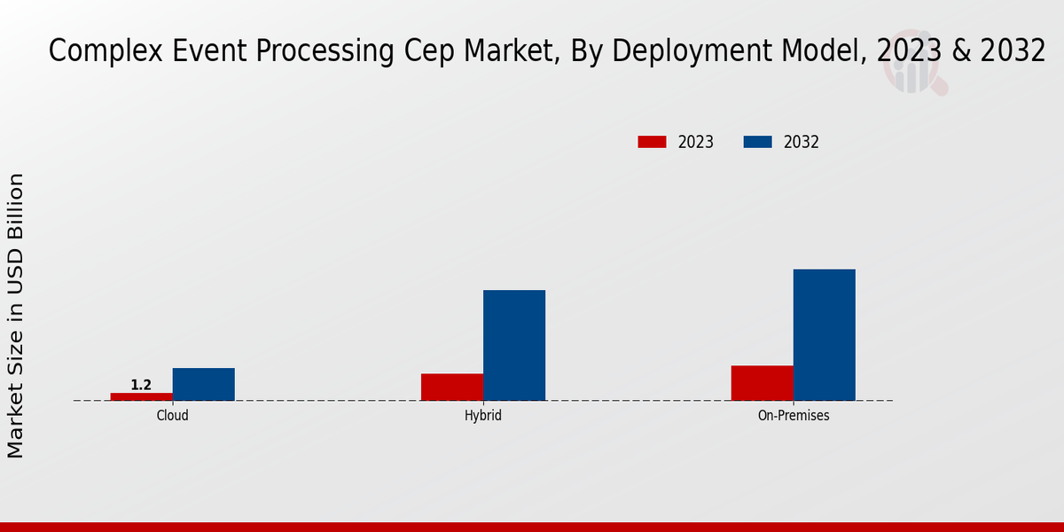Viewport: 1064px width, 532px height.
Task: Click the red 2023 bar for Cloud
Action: (141, 396)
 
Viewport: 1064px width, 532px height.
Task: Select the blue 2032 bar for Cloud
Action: (203, 384)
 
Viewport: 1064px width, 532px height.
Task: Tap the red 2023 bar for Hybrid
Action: (451, 387)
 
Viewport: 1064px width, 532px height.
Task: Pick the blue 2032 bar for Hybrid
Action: (513, 345)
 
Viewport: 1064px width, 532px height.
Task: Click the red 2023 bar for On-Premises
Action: (762, 382)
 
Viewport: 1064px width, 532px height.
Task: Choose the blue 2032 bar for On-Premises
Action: (824, 334)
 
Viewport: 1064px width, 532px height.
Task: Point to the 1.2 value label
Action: (141, 385)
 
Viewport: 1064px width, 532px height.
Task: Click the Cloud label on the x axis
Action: (172, 415)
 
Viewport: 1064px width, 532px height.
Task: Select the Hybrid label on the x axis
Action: (482, 415)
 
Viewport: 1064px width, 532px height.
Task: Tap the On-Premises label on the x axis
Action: (793, 415)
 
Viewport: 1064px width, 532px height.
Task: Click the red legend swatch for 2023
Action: (652, 142)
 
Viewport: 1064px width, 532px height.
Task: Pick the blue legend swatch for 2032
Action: (757, 142)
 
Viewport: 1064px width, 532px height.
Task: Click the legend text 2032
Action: (801, 142)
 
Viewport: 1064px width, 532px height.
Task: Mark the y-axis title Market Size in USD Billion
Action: (16, 316)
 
